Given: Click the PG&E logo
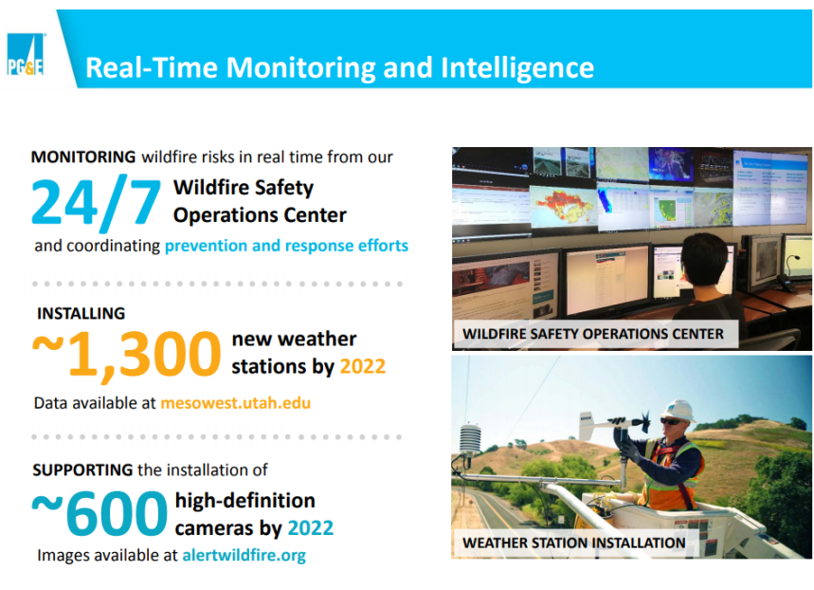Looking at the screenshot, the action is click(26, 55).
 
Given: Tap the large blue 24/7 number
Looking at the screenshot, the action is click(97, 202).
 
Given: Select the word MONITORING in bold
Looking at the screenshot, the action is click(83, 157).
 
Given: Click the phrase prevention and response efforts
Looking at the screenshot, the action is click(286, 246).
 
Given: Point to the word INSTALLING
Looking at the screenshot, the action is click(81, 313).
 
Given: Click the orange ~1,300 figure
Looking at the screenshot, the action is click(127, 355).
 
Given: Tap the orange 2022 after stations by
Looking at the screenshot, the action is click(362, 366).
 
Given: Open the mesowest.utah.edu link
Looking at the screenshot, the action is click(235, 403).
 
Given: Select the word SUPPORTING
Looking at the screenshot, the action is click(82, 470).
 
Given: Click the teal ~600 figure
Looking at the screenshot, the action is click(99, 513).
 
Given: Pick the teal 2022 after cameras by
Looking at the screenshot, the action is click(311, 528).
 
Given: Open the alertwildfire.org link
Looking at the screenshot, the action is click(244, 555).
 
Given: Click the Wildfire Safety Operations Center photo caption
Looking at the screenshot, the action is click(593, 334).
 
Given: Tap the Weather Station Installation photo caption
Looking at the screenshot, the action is click(573, 543).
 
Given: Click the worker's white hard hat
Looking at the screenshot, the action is click(678, 410).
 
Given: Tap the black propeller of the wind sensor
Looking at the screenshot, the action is click(643, 421).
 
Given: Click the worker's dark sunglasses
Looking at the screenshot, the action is click(671, 421).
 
